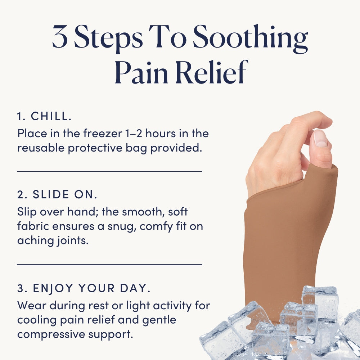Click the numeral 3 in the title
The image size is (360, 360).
pyautogui.click(x=60, y=37)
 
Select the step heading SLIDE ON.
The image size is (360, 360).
pyautogui.click(x=65, y=194)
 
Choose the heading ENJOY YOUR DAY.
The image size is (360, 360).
pyautogui.click(x=91, y=288)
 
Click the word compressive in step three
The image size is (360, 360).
pyautogui.click(x=51, y=334)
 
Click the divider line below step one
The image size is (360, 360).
pyautogui.click(x=109, y=171)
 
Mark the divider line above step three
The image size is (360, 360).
pyautogui.click(x=109, y=265)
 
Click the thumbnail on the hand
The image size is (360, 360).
pyautogui.click(x=320, y=139)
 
